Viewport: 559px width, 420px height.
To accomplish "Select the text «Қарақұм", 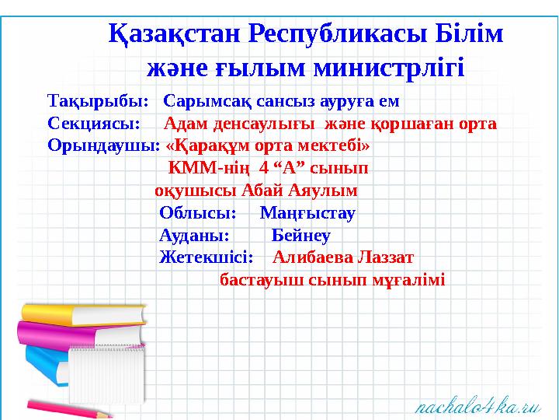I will click(204, 145).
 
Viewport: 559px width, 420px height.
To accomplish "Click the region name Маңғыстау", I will click(307, 212).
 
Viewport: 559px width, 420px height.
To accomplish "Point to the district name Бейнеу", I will click(301, 235).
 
